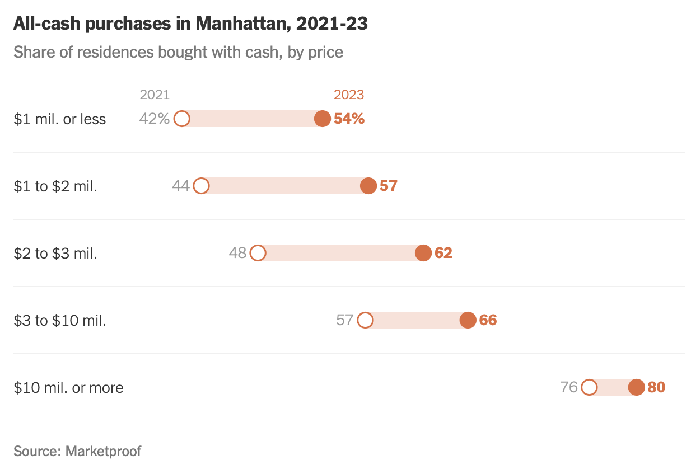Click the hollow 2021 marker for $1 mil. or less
pos(181,119)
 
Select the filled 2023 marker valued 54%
pos(323,119)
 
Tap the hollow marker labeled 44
pos(201,186)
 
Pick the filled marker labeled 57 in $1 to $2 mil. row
pos(368,186)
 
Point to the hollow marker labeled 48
pos(258,253)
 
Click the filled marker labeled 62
pos(423,253)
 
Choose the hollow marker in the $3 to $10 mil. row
pos(365,320)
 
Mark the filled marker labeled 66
pos(468,320)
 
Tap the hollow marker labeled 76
pos(589,387)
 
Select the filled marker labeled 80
pos(636,387)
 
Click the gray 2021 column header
pos(155,95)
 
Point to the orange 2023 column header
pos(349,95)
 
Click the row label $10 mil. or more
pos(68,388)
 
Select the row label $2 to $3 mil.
pos(55,254)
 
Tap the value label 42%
pos(155,119)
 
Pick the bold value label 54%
pos(349,119)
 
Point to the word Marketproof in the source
pos(104,451)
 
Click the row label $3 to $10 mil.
pos(60,321)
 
